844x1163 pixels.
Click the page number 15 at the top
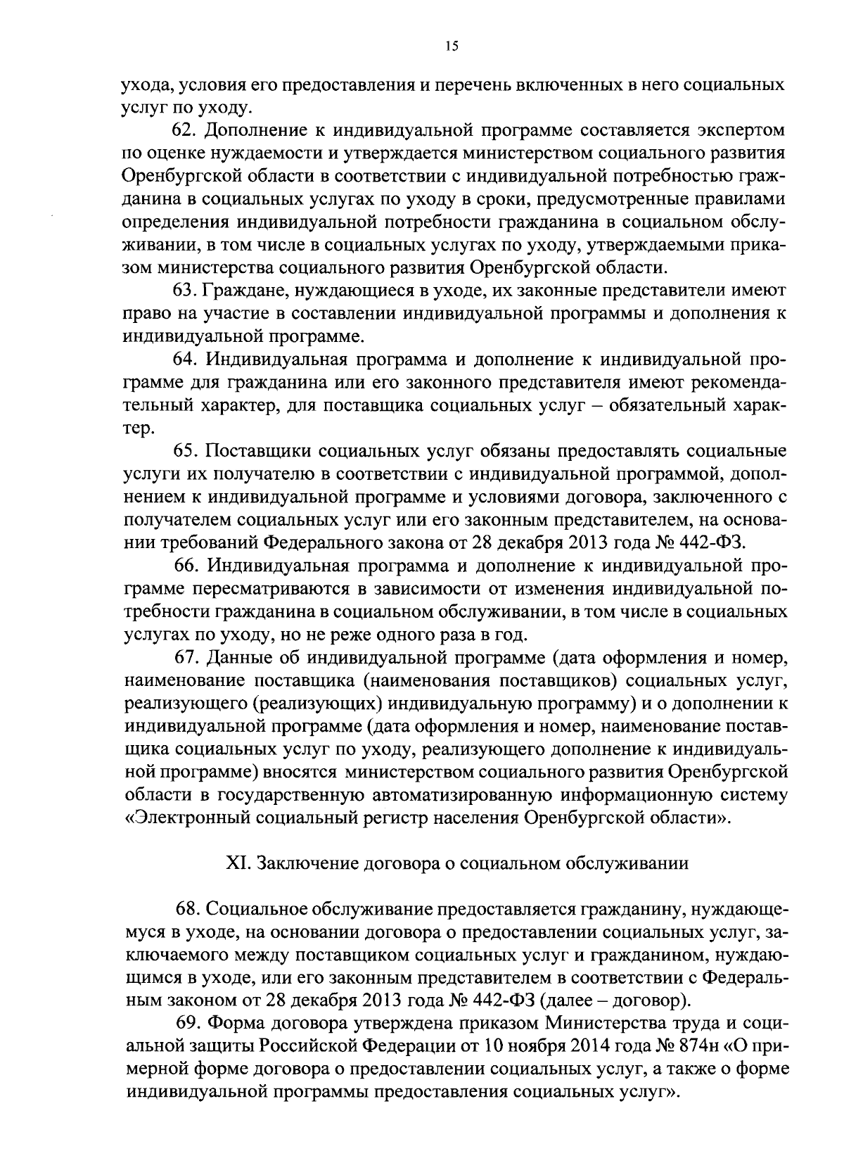(451, 46)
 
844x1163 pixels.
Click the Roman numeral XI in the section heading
(234, 864)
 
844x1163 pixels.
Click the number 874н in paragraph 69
(705, 1046)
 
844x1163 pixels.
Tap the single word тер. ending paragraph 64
(136, 428)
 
